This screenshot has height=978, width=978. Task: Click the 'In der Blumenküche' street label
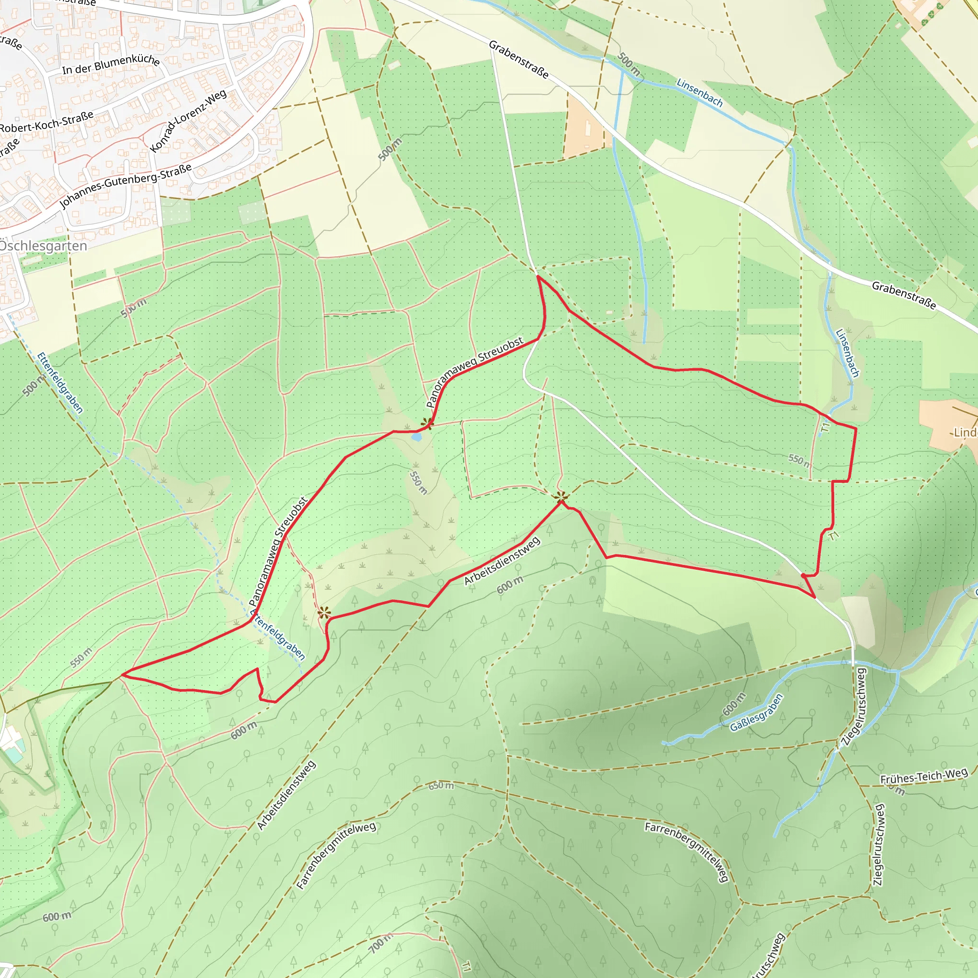click(x=111, y=64)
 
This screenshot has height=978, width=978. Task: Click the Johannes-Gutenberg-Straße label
click(x=126, y=186)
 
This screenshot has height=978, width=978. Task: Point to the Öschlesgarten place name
click(x=43, y=246)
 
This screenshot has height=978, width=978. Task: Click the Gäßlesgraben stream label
click(x=756, y=712)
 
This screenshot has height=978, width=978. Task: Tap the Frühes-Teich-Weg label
click(x=924, y=776)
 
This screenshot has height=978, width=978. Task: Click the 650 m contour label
click(x=441, y=786)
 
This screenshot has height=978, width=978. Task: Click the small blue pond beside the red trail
click(x=416, y=437)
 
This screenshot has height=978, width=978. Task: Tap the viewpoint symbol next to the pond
click(x=427, y=423)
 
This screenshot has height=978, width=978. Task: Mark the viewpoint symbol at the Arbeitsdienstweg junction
click(x=560, y=497)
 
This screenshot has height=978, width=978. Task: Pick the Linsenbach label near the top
click(x=700, y=92)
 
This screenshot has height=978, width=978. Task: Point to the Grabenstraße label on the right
click(x=904, y=295)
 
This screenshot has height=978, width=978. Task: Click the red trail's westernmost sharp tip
click(x=123, y=675)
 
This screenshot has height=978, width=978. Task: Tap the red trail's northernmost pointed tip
click(x=538, y=276)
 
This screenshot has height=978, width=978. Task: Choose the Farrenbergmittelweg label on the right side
click(x=687, y=851)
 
